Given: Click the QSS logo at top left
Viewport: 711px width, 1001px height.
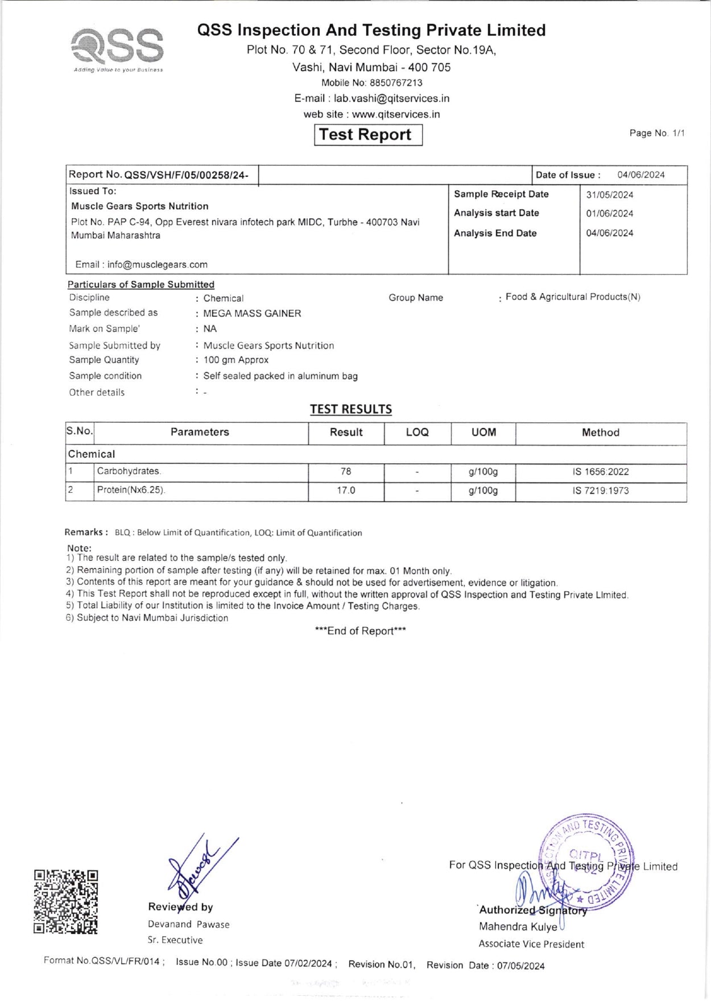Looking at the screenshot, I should [x=118, y=48].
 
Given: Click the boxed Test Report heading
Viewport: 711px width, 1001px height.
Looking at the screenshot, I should [x=368, y=135].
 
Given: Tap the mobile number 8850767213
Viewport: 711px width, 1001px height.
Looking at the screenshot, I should [x=396, y=83].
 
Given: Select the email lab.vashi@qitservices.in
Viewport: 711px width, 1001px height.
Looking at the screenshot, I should [x=391, y=98].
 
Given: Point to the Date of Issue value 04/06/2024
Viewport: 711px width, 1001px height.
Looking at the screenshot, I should [x=640, y=175].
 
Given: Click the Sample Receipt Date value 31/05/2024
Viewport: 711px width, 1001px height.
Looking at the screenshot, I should [x=609, y=195].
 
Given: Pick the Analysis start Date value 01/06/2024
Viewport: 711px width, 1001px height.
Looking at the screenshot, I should [x=609, y=214].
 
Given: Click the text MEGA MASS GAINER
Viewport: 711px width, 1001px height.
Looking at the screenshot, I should [x=252, y=313].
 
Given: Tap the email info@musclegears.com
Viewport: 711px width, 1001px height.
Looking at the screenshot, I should [x=157, y=264].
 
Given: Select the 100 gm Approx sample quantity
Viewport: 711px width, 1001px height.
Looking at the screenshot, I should [x=236, y=360].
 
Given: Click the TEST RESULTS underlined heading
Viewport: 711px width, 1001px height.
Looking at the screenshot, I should [x=350, y=409].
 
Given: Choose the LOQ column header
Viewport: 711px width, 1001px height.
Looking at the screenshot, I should [x=417, y=433].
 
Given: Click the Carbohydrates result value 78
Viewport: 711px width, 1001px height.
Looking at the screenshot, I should [x=346, y=471].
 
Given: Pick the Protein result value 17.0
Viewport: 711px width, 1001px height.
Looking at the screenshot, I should [x=346, y=490].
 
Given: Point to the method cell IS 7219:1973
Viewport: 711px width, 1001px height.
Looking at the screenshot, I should [x=601, y=491].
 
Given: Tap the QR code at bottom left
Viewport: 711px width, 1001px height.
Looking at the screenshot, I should [x=65, y=902].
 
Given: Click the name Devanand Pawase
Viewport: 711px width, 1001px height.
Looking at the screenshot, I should [x=188, y=924].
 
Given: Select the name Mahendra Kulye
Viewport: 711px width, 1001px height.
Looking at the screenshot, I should [x=518, y=927].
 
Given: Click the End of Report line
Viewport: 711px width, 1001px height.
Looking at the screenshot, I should [x=360, y=631].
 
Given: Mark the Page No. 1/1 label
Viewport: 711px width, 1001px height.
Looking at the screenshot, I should [x=656, y=133].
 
